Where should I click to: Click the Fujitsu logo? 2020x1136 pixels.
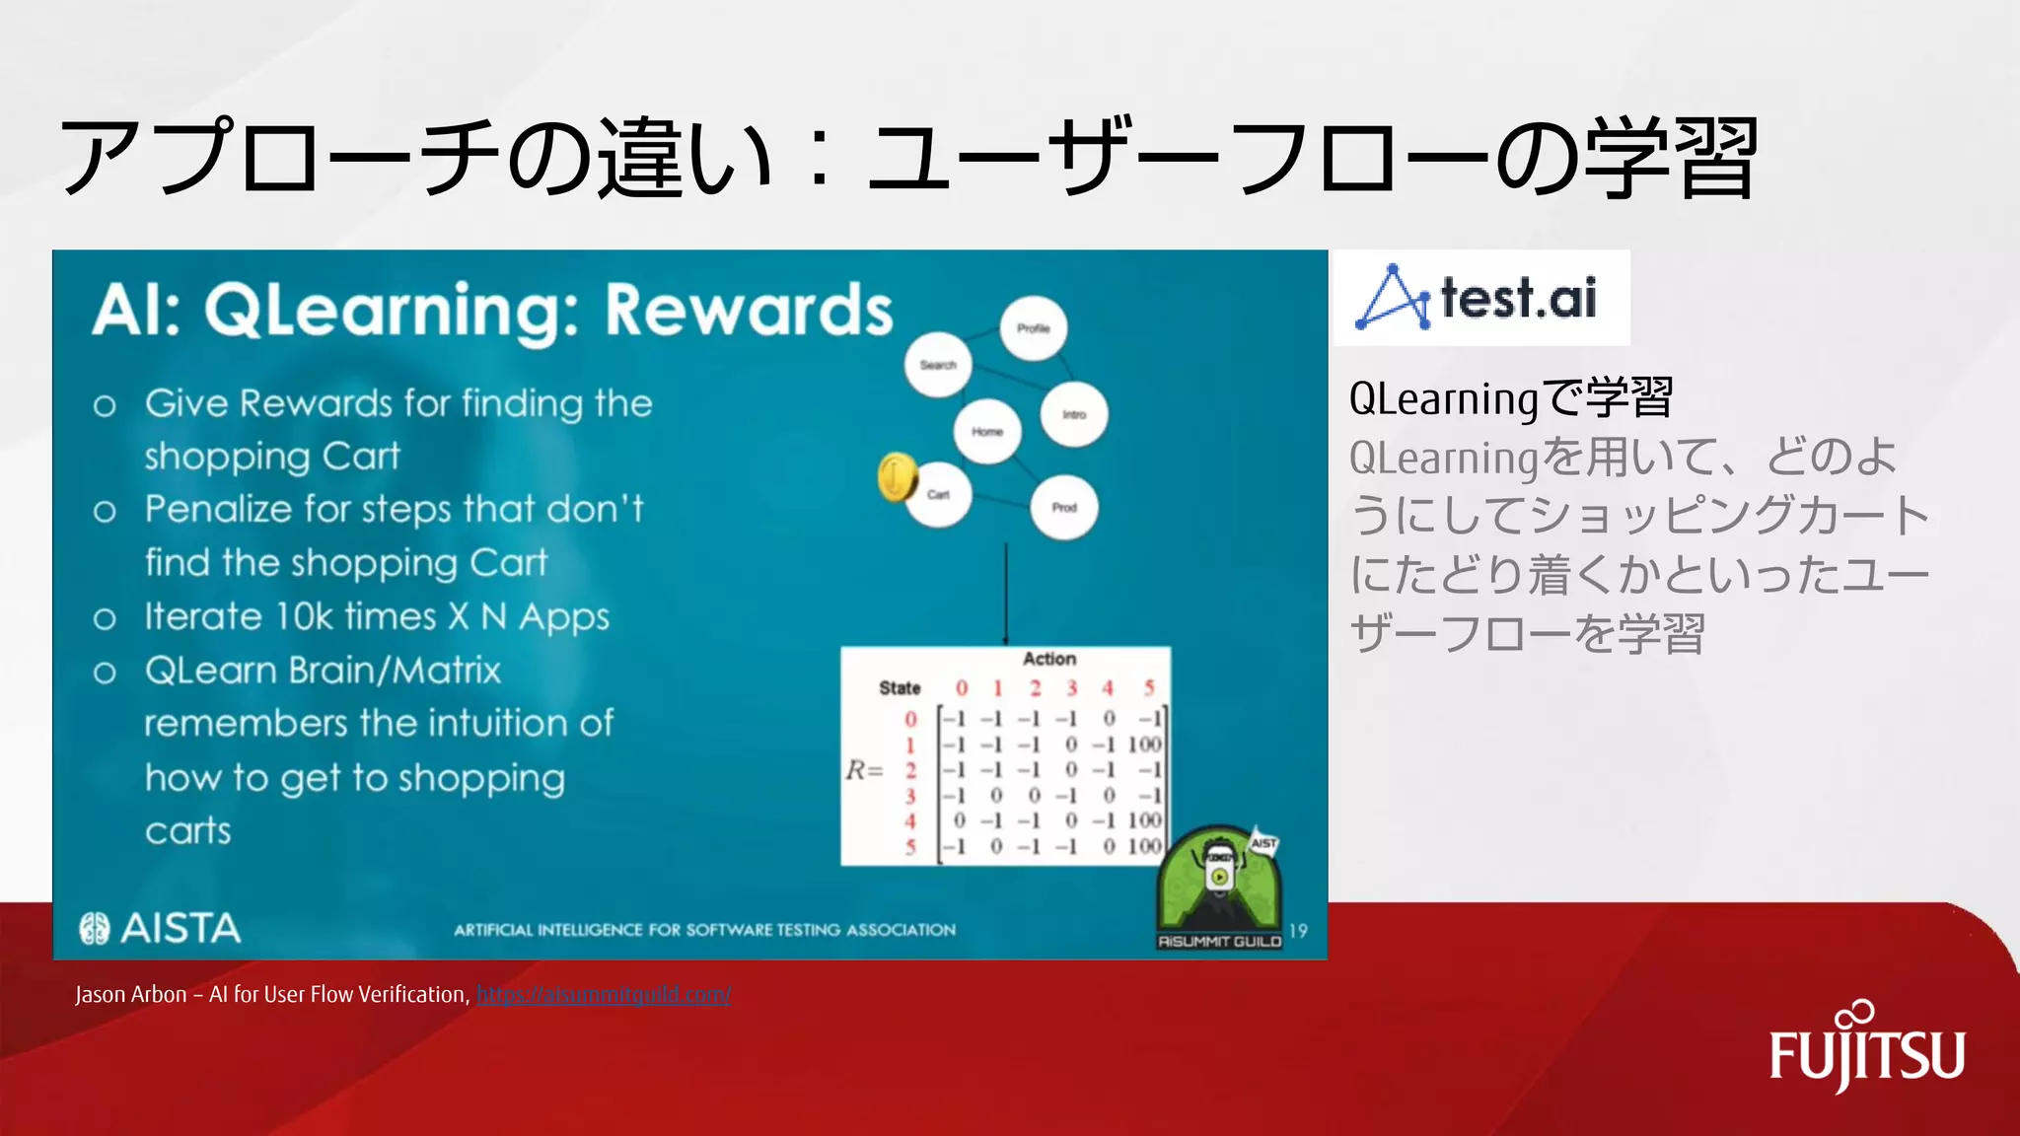tap(1866, 1051)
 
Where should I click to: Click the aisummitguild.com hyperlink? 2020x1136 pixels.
tap(604, 994)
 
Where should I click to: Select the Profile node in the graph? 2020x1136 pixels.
tap(1033, 328)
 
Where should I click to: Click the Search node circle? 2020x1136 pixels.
tap(938, 365)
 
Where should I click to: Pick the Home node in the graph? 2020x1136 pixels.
tap(987, 432)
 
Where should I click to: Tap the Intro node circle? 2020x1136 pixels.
tap(1074, 414)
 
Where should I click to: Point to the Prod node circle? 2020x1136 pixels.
tap(1064, 508)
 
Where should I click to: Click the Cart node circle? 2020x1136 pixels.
tap(939, 495)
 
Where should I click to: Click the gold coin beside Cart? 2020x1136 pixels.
tap(896, 477)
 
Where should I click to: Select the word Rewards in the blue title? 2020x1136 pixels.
tap(749, 310)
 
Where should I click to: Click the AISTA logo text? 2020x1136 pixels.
tap(180, 928)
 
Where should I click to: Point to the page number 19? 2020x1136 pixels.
tap(1298, 931)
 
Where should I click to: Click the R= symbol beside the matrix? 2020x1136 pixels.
tap(864, 770)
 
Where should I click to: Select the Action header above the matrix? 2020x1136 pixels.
tap(1048, 659)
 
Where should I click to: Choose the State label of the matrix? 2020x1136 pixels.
tap(900, 688)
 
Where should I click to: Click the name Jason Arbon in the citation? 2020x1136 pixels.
tap(130, 994)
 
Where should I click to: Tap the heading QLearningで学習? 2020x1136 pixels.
tap(1510, 398)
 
